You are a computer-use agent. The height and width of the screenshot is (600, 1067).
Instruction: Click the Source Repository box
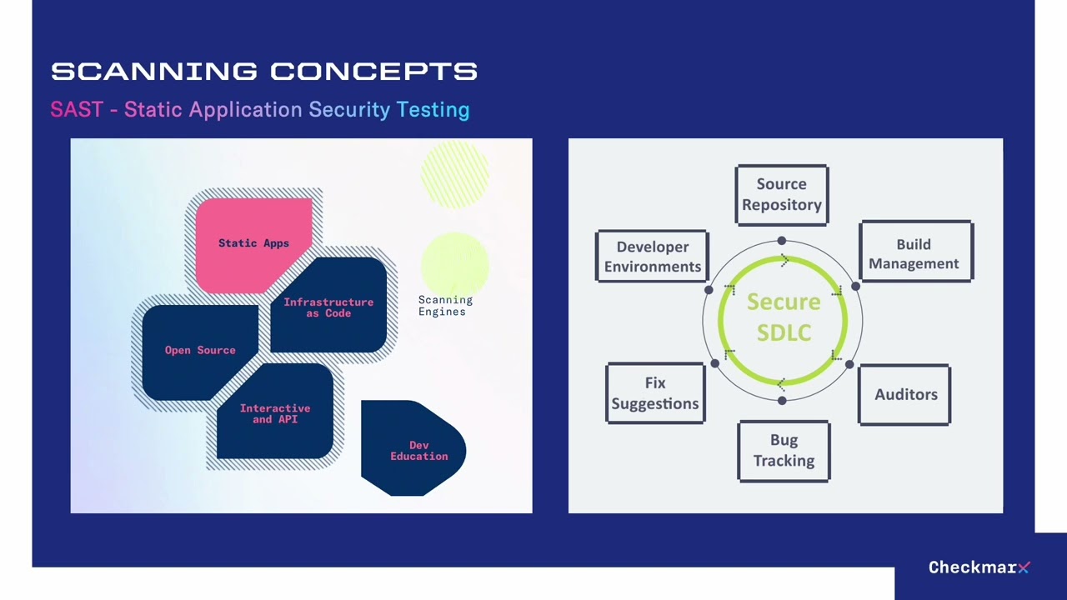782,195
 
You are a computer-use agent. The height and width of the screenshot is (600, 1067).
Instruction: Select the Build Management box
915,252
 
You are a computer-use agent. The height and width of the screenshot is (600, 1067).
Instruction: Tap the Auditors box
904,394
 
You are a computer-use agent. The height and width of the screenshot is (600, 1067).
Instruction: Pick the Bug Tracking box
784,451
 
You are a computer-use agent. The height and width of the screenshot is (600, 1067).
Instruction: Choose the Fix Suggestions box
655,393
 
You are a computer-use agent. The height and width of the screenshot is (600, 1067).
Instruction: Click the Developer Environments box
652,257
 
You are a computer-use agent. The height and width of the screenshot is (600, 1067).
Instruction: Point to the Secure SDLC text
784,317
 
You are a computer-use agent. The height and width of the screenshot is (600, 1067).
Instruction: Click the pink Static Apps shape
253,243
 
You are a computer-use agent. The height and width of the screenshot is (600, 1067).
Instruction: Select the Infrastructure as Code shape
328,307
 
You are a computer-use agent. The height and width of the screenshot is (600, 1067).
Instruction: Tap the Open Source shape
200,350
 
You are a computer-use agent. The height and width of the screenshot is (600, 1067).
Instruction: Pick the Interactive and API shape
275,413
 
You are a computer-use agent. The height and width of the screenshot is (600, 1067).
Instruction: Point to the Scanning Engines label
444,306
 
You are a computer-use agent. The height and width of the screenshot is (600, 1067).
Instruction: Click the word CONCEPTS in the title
373,72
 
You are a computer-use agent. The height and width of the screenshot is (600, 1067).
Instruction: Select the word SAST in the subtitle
76,110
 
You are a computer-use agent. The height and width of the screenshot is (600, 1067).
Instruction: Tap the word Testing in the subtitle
433,110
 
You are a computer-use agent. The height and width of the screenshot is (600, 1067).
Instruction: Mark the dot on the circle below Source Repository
781,241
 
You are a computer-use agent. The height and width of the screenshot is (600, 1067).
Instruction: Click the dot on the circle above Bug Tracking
781,401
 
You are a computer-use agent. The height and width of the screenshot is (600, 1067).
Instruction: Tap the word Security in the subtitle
349,110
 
